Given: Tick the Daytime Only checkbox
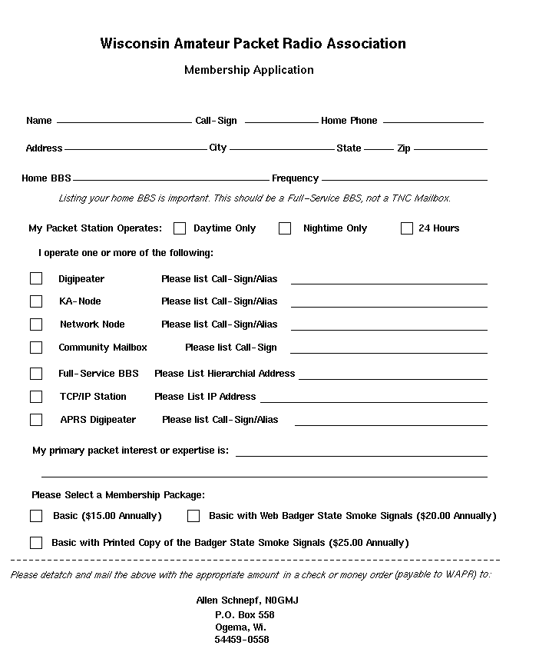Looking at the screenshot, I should (x=180, y=228).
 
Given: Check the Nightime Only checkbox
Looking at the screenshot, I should (x=285, y=228).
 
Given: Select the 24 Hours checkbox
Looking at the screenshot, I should (x=407, y=228).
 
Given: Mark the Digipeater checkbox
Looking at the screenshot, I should (x=36, y=278).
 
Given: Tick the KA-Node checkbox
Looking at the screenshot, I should (x=36, y=301).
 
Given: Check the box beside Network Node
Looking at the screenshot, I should (x=36, y=324).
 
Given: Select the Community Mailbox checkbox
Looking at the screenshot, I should (x=36, y=348).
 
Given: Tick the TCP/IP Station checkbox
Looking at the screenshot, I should (x=36, y=397).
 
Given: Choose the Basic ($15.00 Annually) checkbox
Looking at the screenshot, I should (x=36, y=516).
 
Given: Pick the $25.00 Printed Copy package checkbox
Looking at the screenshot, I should (x=36, y=543).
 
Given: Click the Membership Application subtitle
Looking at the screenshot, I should (x=249, y=70).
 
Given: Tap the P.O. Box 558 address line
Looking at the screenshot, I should (x=244, y=615).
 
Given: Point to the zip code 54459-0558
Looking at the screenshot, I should (x=241, y=640).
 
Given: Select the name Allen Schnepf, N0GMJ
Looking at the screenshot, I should (x=247, y=600).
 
